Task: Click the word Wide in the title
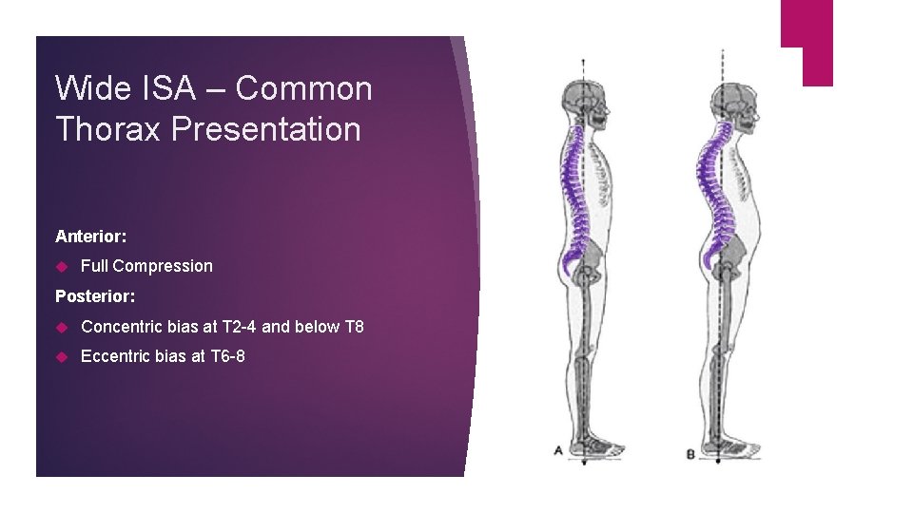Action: (88, 88)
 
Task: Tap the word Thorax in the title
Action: (109, 129)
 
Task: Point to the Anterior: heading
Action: (91, 236)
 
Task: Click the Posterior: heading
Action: (95, 296)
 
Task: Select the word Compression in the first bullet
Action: (163, 266)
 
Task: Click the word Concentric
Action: (122, 327)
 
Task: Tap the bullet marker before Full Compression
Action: (62, 266)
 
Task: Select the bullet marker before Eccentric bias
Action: (62, 357)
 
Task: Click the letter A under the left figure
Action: (558, 452)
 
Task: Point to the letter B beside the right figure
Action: (691, 453)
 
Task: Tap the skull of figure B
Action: (729, 100)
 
